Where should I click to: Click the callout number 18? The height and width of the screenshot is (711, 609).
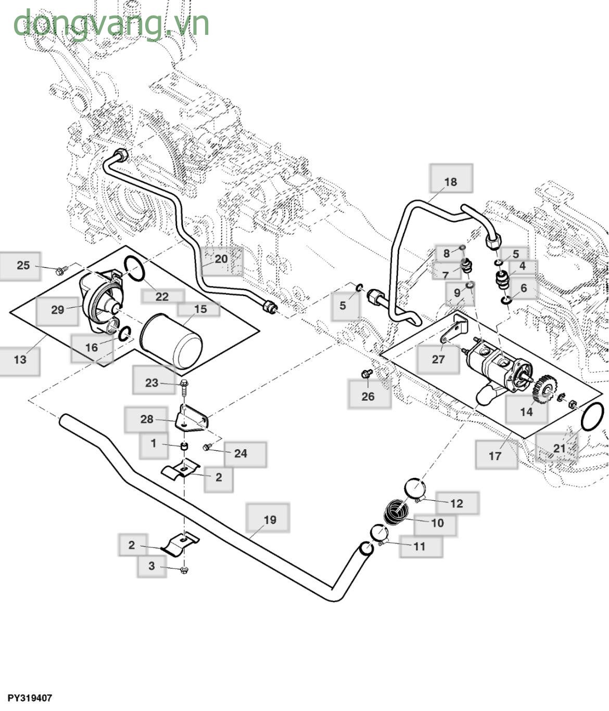pos(451,181)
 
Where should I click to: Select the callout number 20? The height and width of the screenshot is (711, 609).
pos(221,259)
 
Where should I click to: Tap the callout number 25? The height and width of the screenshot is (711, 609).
pos(23,265)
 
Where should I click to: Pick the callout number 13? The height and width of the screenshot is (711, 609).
pos(20,359)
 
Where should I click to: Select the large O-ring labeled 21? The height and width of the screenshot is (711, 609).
pos(592,416)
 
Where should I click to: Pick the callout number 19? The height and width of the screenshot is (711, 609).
pos(270,519)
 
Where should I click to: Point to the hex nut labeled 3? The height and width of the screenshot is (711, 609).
pos(184,570)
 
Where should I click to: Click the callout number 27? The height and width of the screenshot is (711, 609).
pos(438,359)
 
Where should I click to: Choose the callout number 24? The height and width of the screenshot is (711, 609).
pos(240,453)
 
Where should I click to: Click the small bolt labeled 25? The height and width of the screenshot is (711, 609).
pos(62,270)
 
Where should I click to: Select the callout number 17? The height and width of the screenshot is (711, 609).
pos(495,455)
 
